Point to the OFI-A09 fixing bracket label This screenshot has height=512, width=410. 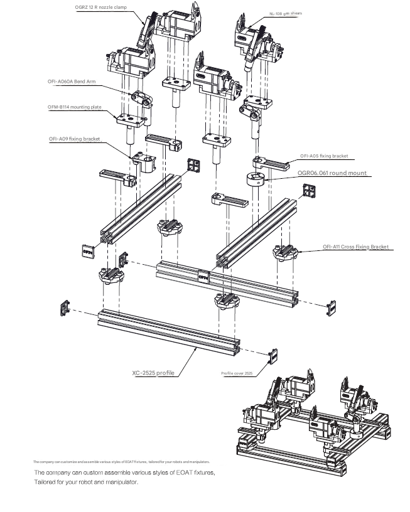pyautogui.click(x=74, y=139)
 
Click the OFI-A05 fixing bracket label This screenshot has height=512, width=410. pyautogui.click(x=323, y=156)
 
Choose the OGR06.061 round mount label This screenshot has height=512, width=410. pyautogui.click(x=332, y=173)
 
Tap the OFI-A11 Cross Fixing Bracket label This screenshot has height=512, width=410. pyautogui.click(x=356, y=247)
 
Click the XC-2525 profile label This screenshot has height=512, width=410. pyautogui.click(x=153, y=373)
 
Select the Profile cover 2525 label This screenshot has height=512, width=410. pyautogui.click(x=237, y=373)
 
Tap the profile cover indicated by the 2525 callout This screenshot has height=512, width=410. pyautogui.click(x=273, y=356)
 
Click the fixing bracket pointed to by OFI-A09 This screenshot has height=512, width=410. pyautogui.click(x=144, y=162)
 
